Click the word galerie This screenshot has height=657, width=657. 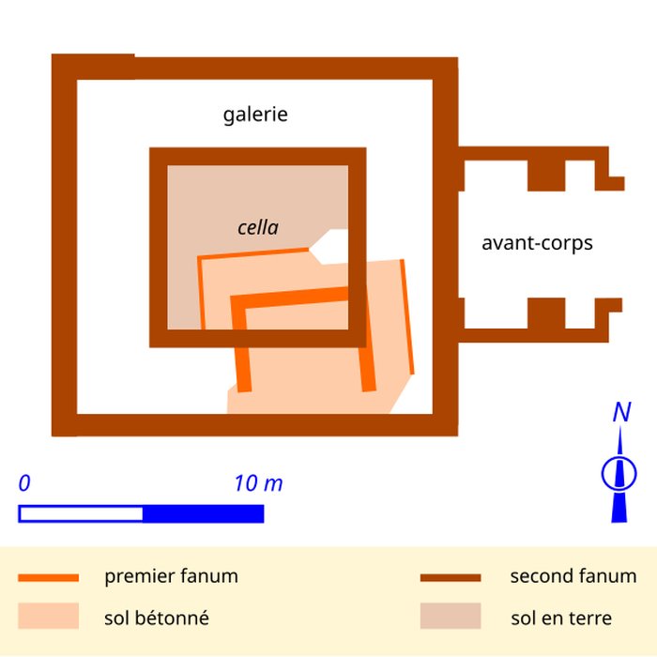click(x=255, y=115)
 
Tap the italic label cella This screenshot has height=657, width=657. click(x=258, y=227)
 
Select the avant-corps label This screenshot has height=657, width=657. click(x=537, y=243)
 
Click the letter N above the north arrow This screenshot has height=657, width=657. click(x=620, y=412)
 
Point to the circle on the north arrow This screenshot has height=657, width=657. click(x=619, y=472)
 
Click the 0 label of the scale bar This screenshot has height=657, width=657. click(x=24, y=484)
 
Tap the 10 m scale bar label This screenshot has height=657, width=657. click(x=258, y=484)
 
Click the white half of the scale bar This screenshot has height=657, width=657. click(x=81, y=513)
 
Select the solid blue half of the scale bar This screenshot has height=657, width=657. click(x=203, y=513)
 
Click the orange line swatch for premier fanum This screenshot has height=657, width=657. click(x=48, y=577)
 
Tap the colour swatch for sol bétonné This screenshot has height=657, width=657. click(x=48, y=617)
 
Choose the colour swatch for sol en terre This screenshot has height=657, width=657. click(x=450, y=617)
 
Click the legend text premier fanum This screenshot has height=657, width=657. click(x=171, y=576)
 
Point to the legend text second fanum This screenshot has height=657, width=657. click(x=573, y=576)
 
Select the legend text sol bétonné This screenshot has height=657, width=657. click(x=157, y=618)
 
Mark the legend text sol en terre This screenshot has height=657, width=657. click(x=561, y=618)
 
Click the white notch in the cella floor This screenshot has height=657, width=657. click(x=331, y=246)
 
